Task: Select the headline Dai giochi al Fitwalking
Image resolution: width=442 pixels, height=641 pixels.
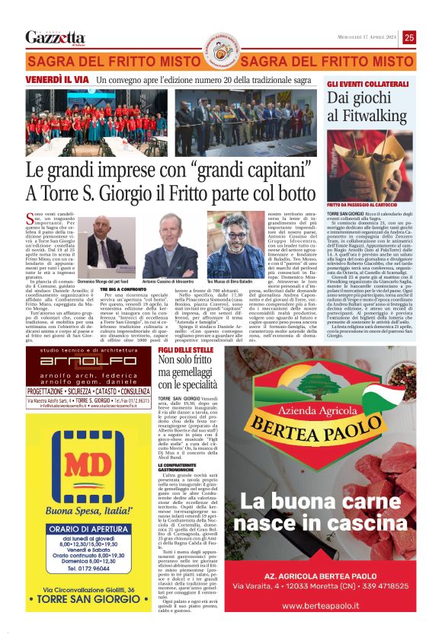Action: [x=369, y=107]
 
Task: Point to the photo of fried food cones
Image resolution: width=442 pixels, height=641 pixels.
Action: [x=369, y=164]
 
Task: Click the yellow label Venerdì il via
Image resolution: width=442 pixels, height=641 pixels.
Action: [x=57, y=79]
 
